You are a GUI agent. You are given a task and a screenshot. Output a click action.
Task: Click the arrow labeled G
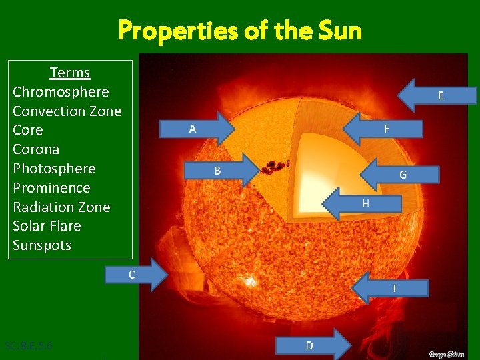tap(400, 175)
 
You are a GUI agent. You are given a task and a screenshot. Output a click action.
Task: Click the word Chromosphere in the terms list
tap(61, 91)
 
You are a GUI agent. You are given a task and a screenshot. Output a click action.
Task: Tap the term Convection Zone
tap(67, 111)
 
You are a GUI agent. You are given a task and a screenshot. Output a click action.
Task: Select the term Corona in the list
tap(36, 149)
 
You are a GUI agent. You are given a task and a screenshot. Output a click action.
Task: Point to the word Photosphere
tap(54, 169)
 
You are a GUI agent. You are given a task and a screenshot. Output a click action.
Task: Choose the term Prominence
tap(51, 188)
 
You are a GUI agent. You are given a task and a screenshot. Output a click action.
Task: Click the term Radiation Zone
tap(61, 207)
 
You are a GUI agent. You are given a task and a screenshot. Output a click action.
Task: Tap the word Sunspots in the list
tap(42, 245)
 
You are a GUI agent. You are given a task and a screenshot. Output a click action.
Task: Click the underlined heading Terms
tap(70, 72)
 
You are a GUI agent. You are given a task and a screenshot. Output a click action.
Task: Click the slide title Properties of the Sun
tap(240, 30)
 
